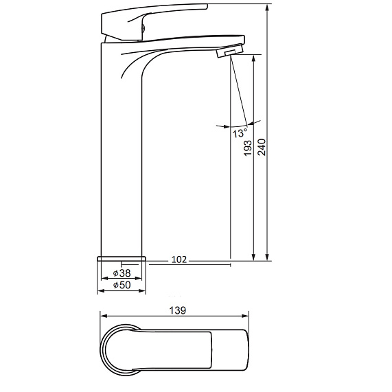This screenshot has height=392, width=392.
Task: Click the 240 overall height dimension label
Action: coord(262,148)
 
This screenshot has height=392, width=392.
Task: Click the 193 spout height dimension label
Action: coord(248,148)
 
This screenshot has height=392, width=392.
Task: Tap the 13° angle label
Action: coord(240,132)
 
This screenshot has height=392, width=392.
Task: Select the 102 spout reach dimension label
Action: coord(179,260)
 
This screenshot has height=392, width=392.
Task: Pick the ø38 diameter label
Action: coord(122,273)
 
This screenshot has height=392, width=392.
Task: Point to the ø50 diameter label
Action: coord(122,285)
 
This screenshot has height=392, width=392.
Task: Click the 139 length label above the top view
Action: coord(178,310)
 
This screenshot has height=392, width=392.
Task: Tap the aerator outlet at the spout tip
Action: coord(230,51)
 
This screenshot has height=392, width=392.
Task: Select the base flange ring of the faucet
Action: coord(122,258)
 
